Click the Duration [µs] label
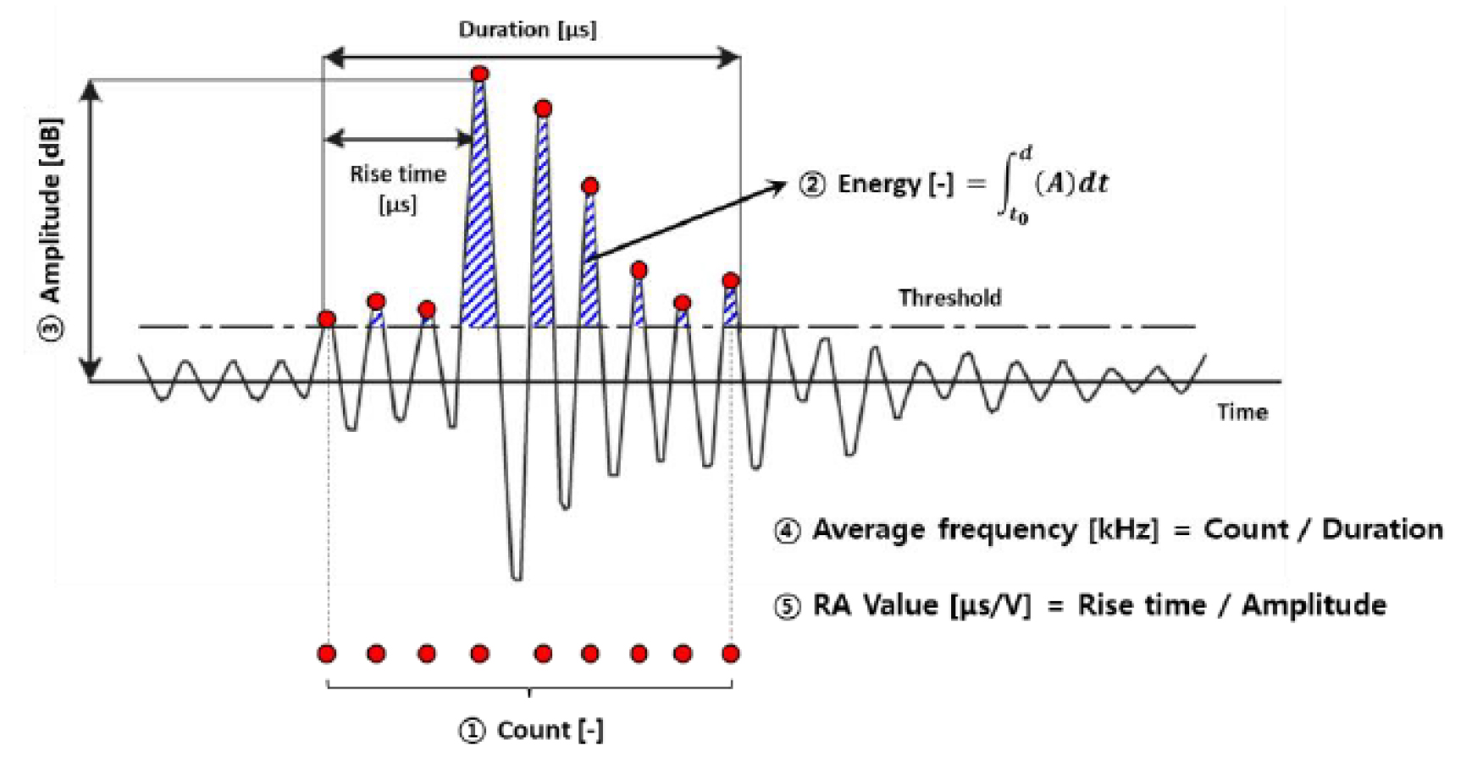(x=527, y=30)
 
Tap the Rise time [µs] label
(x=397, y=188)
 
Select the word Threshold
(x=949, y=298)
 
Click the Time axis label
(x=1242, y=412)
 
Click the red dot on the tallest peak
(x=479, y=75)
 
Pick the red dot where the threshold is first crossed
(x=327, y=319)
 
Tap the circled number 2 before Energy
(x=811, y=185)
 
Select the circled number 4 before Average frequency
(x=787, y=531)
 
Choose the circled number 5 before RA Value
(x=787, y=606)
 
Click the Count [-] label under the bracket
(x=550, y=731)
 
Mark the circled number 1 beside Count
(x=471, y=731)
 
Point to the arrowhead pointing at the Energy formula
(x=779, y=185)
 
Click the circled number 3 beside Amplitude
(x=52, y=328)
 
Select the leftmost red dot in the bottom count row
(x=327, y=654)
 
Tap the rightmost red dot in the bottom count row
(x=730, y=654)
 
